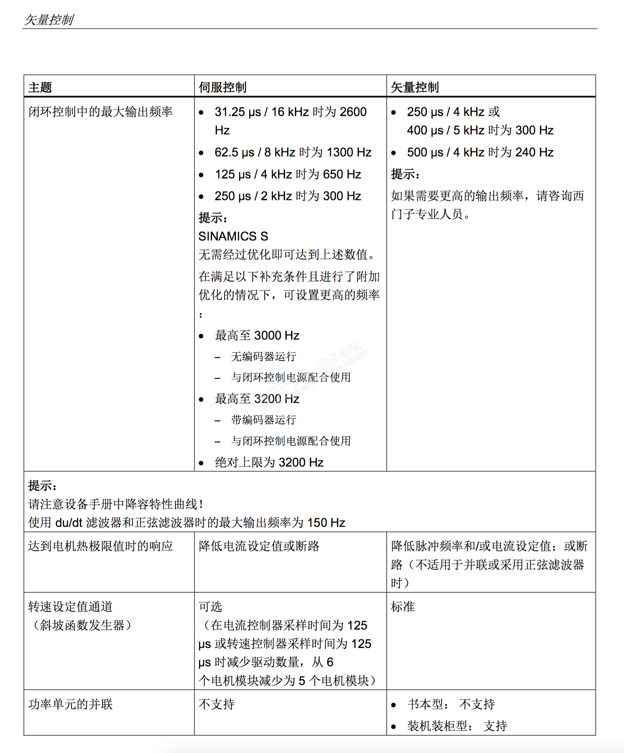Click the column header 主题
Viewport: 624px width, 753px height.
(x=40, y=87)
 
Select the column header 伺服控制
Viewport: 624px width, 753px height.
(x=222, y=87)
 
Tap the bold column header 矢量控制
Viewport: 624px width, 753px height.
(x=414, y=87)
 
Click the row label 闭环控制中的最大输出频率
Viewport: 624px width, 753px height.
(x=100, y=112)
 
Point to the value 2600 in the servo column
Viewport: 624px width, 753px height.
(x=353, y=112)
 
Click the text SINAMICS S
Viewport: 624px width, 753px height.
(x=233, y=236)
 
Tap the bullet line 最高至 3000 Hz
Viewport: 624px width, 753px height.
(x=257, y=336)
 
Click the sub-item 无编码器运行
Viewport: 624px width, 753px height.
(x=264, y=356)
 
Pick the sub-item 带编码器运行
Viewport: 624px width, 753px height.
(x=264, y=420)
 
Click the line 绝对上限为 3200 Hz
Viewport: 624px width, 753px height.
(x=269, y=462)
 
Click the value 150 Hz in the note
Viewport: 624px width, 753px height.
(x=326, y=523)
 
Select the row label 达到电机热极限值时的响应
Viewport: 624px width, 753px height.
(x=100, y=546)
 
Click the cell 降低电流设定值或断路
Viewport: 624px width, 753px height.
(x=259, y=546)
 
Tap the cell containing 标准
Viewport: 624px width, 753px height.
(x=403, y=607)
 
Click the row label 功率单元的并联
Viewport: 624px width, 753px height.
(x=70, y=704)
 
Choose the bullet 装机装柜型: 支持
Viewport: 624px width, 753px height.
(x=457, y=726)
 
